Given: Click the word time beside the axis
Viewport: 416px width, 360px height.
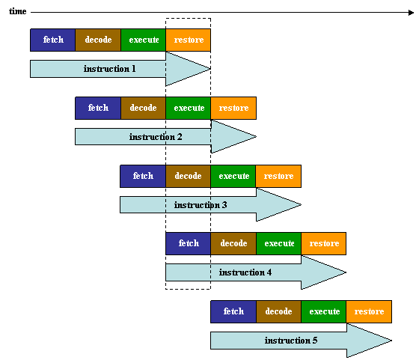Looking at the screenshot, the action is coord(18,11).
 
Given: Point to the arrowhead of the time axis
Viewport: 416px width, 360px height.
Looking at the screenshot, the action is coord(411,12).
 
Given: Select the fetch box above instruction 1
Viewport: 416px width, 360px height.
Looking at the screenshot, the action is coord(53,40).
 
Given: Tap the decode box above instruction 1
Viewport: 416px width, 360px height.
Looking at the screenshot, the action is coord(98,40).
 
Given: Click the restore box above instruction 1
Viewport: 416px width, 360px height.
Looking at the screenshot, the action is coord(189,40).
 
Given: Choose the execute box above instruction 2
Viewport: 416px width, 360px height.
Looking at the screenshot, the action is coord(189,108).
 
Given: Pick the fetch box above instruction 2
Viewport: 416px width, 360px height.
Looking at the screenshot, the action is coord(98,108).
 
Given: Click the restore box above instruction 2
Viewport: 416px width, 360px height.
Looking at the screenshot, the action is coord(233,108).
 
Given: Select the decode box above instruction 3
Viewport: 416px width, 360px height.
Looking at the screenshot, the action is coord(188,176).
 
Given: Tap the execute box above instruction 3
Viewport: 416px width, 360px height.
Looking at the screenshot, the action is coord(233,176).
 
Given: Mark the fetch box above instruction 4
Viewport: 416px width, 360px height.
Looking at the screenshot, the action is coord(188,243).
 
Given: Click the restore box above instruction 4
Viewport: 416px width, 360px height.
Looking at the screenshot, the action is coord(324,243).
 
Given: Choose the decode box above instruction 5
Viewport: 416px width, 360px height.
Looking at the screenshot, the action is coord(278,311).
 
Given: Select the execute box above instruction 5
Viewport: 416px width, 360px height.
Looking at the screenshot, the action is coord(324,311).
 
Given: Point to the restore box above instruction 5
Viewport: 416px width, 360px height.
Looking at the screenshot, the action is coord(369,311).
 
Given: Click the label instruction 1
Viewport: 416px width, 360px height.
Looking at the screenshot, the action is coord(109,69).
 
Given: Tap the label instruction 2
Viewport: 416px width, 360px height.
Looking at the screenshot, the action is coord(156,137).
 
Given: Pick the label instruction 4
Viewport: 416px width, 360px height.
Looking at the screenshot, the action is coord(245,272).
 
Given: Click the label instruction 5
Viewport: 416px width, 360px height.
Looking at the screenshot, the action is coord(291,341).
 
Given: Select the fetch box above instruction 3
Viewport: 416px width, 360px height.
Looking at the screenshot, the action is coord(143,176).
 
